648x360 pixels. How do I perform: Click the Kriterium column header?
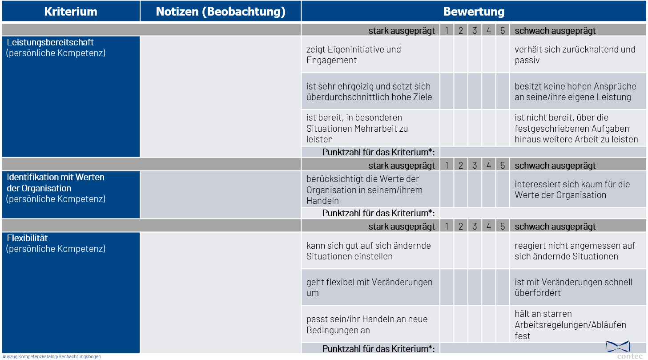[71, 12]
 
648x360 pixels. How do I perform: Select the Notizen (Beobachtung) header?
[221, 12]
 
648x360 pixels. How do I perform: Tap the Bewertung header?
[474, 12]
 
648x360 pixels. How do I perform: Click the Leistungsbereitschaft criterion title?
[50, 43]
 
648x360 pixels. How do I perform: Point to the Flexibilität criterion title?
[27, 238]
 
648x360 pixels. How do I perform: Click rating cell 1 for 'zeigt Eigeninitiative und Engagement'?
[447, 55]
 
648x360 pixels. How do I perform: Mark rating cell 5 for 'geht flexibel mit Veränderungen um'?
[502, 287]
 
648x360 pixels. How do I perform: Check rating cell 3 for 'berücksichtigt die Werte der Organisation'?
[475, 190]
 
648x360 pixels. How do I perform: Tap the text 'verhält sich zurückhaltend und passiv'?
[575, 55]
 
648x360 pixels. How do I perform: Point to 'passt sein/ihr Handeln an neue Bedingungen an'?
[366, 324]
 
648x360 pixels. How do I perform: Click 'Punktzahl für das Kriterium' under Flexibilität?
[378, 348]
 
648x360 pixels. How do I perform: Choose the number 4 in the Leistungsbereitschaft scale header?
[488, 30]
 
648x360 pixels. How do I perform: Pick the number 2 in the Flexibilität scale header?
[460, 227]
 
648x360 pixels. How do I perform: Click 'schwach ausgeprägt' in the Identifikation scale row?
[555, 166]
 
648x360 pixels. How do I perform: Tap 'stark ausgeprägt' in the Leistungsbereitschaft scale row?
[401, 31]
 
